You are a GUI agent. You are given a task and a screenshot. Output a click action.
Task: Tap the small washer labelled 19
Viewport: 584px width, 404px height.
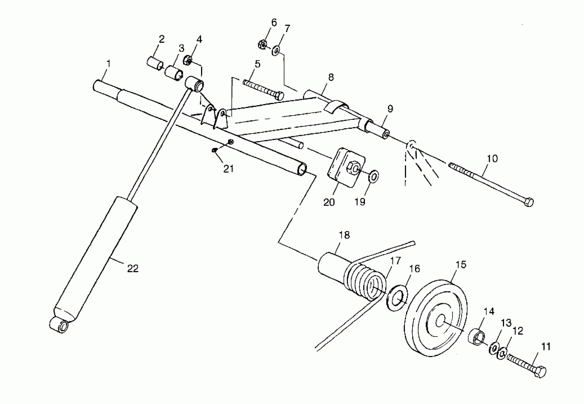[x=374, y=176]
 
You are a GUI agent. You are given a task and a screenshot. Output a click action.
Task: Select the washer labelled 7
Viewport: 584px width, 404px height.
[x=276, y=51]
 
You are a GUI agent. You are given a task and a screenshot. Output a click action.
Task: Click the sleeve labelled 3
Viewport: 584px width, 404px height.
[x=174, y=73]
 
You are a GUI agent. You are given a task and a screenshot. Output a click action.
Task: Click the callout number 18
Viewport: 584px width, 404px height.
[x=344, y=235]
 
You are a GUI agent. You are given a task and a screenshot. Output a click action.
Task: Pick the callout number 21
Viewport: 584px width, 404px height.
[x=228, y=169]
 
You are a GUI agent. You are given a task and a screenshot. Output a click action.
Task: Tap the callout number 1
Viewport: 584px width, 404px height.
[x=109, y=64]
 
